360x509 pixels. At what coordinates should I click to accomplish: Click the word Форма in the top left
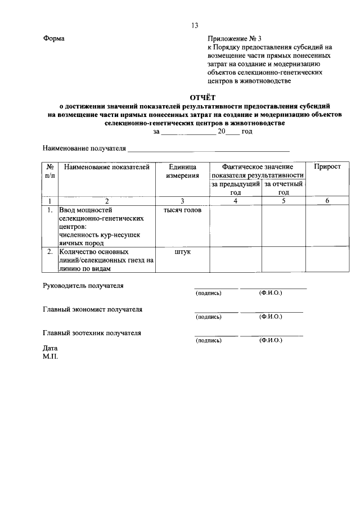point(53,39)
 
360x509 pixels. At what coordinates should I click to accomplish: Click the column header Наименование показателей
point(107,168)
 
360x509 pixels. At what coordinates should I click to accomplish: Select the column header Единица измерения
point(182,172)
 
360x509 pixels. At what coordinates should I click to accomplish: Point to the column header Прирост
point(327,168)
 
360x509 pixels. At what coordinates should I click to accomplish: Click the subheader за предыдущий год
point(235,188)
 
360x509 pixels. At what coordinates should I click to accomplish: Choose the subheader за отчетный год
point(283,188)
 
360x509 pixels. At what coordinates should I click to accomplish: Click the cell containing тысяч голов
point(182,210)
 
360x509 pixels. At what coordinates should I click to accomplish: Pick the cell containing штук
point(182,252)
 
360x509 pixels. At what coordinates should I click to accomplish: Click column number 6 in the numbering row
point(327,201)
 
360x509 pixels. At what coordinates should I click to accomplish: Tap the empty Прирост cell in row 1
point(327,226)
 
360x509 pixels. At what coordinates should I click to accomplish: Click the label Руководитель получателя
point(83,285)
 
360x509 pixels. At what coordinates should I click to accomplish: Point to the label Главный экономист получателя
point(93,309)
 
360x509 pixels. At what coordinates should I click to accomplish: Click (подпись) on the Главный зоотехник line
point(209,341)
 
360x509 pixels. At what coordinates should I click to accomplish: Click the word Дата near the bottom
point(51,348)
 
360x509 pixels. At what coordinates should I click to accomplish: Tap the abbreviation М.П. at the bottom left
point(50,356)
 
